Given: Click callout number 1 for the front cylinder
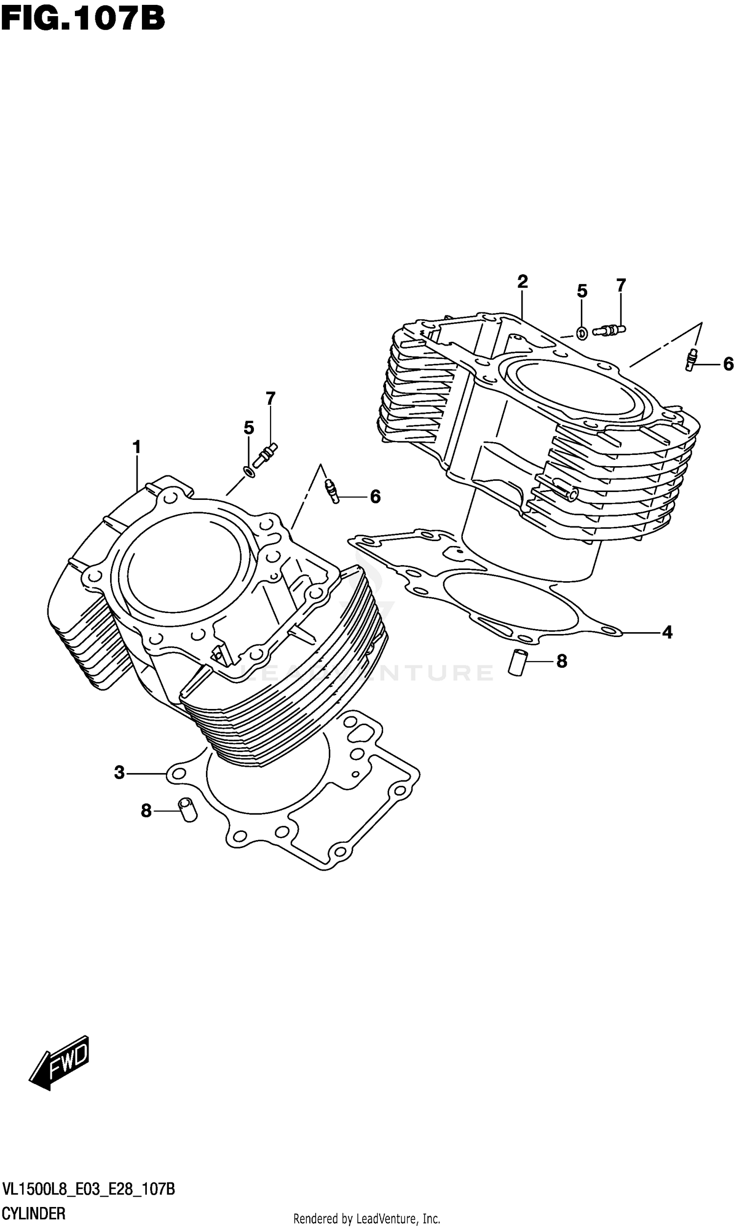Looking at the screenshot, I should coord(137,447).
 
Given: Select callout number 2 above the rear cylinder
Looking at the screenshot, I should coord(522,282).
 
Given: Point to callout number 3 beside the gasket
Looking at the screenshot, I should coord(119,772).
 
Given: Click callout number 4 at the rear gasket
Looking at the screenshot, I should coord(667,632).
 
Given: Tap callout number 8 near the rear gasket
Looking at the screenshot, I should coord(561,661).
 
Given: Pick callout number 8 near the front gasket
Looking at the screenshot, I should coord(146,810).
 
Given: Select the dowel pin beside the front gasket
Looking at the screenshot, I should coord(187,810).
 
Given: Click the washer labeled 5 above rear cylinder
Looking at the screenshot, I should coord(582,333).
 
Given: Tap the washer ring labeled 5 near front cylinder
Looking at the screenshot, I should coord(250,471).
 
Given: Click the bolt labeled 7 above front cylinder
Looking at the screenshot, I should coord(266,454).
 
